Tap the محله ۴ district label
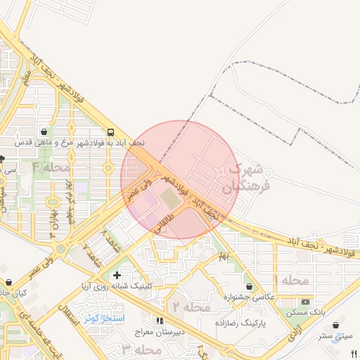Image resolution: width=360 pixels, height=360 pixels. (x=52, y=167)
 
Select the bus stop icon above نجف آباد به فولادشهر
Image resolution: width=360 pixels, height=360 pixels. (x=111, y=132)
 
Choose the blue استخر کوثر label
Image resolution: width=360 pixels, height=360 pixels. (x=104, y=319)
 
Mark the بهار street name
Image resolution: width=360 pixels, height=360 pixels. (x=223, y=256)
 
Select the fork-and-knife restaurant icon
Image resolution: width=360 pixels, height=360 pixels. (x=354, y=354)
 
